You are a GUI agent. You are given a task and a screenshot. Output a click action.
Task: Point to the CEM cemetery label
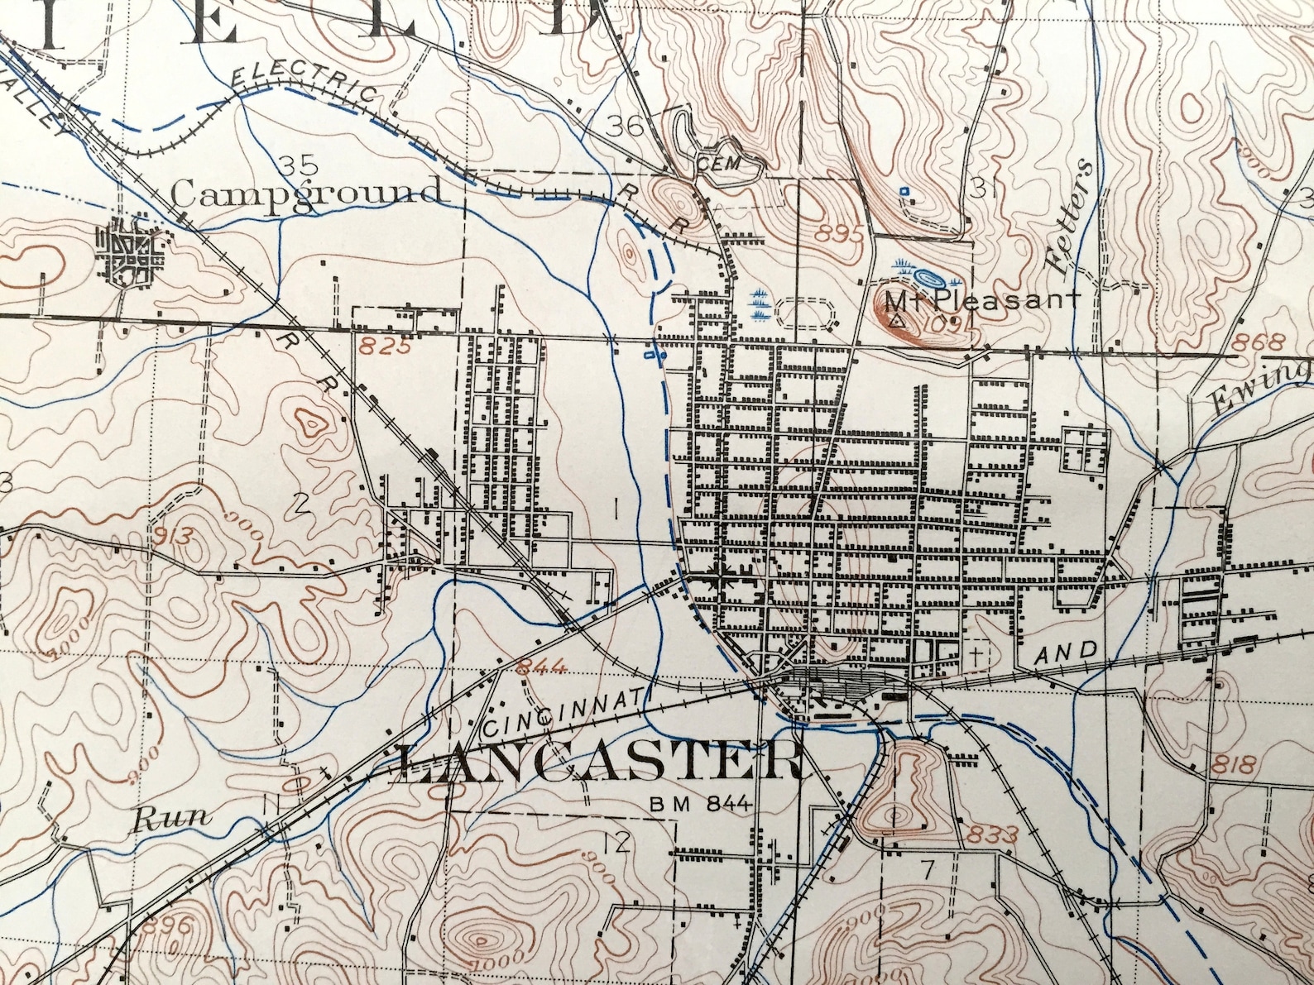point(717,163)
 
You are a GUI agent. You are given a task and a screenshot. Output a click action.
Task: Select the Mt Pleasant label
point(982,300)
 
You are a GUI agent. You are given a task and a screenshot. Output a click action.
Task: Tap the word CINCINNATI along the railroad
point(562,714)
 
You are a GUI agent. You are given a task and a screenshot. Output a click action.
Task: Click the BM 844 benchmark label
point(700,803)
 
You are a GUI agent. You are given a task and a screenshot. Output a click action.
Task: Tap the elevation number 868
point(1258,342)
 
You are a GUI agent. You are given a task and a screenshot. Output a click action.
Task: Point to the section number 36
point(625,127)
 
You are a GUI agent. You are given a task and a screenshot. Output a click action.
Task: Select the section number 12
point(617,843)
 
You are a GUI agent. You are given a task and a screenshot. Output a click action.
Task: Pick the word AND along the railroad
point(1067,653)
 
